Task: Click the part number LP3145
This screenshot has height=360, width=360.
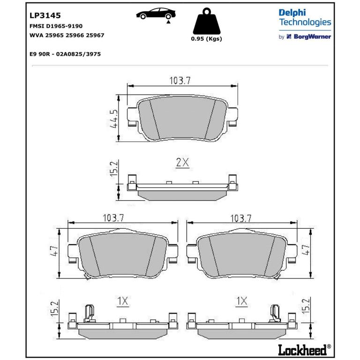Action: tap(45, 15)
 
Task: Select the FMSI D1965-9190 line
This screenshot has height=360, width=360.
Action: tap(56, 26)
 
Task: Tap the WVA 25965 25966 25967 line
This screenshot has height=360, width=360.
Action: tap(67, 35)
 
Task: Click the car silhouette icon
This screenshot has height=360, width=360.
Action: tap(156, 14)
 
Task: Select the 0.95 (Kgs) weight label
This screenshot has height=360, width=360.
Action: tap(206, 39)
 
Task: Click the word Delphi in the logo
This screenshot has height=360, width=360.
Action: tap(292, 13)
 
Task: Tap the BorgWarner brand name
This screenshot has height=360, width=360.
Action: tap(313, 37)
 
